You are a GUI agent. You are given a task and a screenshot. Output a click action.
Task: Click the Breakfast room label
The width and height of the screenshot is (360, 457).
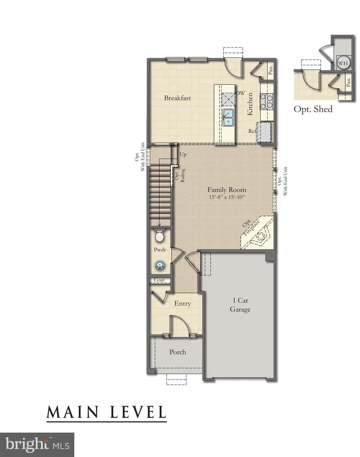coord(177,98)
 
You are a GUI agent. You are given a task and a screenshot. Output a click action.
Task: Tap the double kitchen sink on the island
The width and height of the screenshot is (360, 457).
coord(228,117)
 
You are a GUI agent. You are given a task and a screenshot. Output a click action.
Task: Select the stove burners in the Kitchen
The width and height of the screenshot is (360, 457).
coord(266,101)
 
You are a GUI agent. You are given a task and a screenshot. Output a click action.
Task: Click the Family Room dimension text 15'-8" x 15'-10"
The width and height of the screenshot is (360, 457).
coord(227,197)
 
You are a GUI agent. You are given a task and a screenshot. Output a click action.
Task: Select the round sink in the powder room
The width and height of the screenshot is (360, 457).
coord(160,265)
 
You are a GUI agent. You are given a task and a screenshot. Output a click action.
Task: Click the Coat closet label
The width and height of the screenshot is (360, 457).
coord(159,280)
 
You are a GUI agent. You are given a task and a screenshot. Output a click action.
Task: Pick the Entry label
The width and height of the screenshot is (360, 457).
coord(182,303)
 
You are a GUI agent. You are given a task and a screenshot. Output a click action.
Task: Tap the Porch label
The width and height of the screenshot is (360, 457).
coord(177,352)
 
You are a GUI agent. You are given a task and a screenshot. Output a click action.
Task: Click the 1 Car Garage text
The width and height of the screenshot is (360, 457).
coord(240,305)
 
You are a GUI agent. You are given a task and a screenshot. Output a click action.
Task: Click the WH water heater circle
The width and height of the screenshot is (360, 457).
coord(343,63)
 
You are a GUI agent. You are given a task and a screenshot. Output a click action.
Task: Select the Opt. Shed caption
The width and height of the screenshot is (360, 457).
coord(313,109)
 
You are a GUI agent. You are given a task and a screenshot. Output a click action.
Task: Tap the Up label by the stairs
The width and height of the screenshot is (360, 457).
coord(183,155)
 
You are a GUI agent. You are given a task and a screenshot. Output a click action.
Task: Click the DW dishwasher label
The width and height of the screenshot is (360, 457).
coord(240,93)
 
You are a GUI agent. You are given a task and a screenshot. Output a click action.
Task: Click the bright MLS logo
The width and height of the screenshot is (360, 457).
coord(37,445)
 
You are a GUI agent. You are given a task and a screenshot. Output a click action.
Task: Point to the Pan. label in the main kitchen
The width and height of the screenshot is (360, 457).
coord(271,70)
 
